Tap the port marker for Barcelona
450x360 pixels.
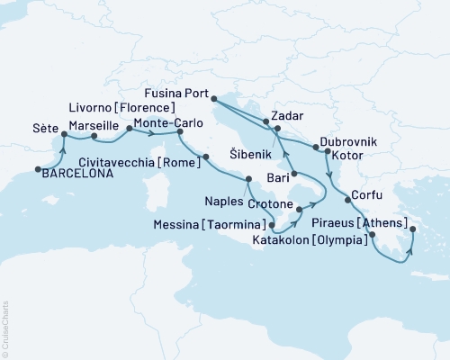pyautogui.click(x=38, y=168)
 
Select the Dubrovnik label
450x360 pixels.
pyautogui.click(x=347, y=143)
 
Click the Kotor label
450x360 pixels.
pyautogui.click(x=346, y=156)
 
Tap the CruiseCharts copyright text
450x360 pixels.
pyautogui.click(x=4, y=328)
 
